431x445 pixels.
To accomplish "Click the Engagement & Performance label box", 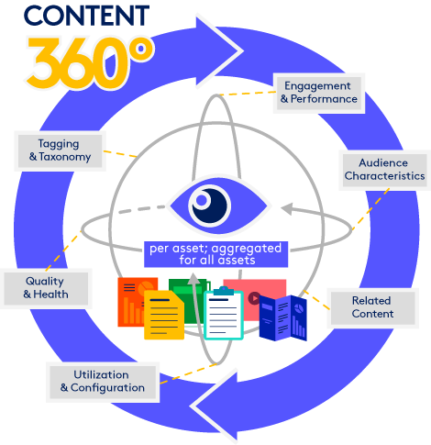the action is [319, 93].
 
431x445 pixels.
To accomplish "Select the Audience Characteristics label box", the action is [384, 170].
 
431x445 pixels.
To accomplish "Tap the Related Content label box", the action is [372, 307].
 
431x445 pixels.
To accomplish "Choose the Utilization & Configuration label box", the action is [103, 382].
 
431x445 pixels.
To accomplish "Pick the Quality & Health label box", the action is [46, 288].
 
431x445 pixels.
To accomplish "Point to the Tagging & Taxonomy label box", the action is [60, 150].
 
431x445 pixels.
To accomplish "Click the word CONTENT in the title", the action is [86, 16].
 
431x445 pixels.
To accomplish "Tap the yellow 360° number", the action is [90, 62].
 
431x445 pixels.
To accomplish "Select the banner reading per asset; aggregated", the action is [215, 254].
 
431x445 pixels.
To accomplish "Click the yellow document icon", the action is [164, 315].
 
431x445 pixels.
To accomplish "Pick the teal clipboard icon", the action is [224, 314].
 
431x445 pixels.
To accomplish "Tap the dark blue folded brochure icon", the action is [283, 317].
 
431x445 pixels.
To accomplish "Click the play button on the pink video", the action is [254, 298].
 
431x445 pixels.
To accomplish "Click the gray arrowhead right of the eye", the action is [287, 209].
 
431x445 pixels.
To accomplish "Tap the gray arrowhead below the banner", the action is [193, 279].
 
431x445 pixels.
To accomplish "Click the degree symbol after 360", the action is [141, 49].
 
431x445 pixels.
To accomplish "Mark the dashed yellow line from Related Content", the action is [316, 300].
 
